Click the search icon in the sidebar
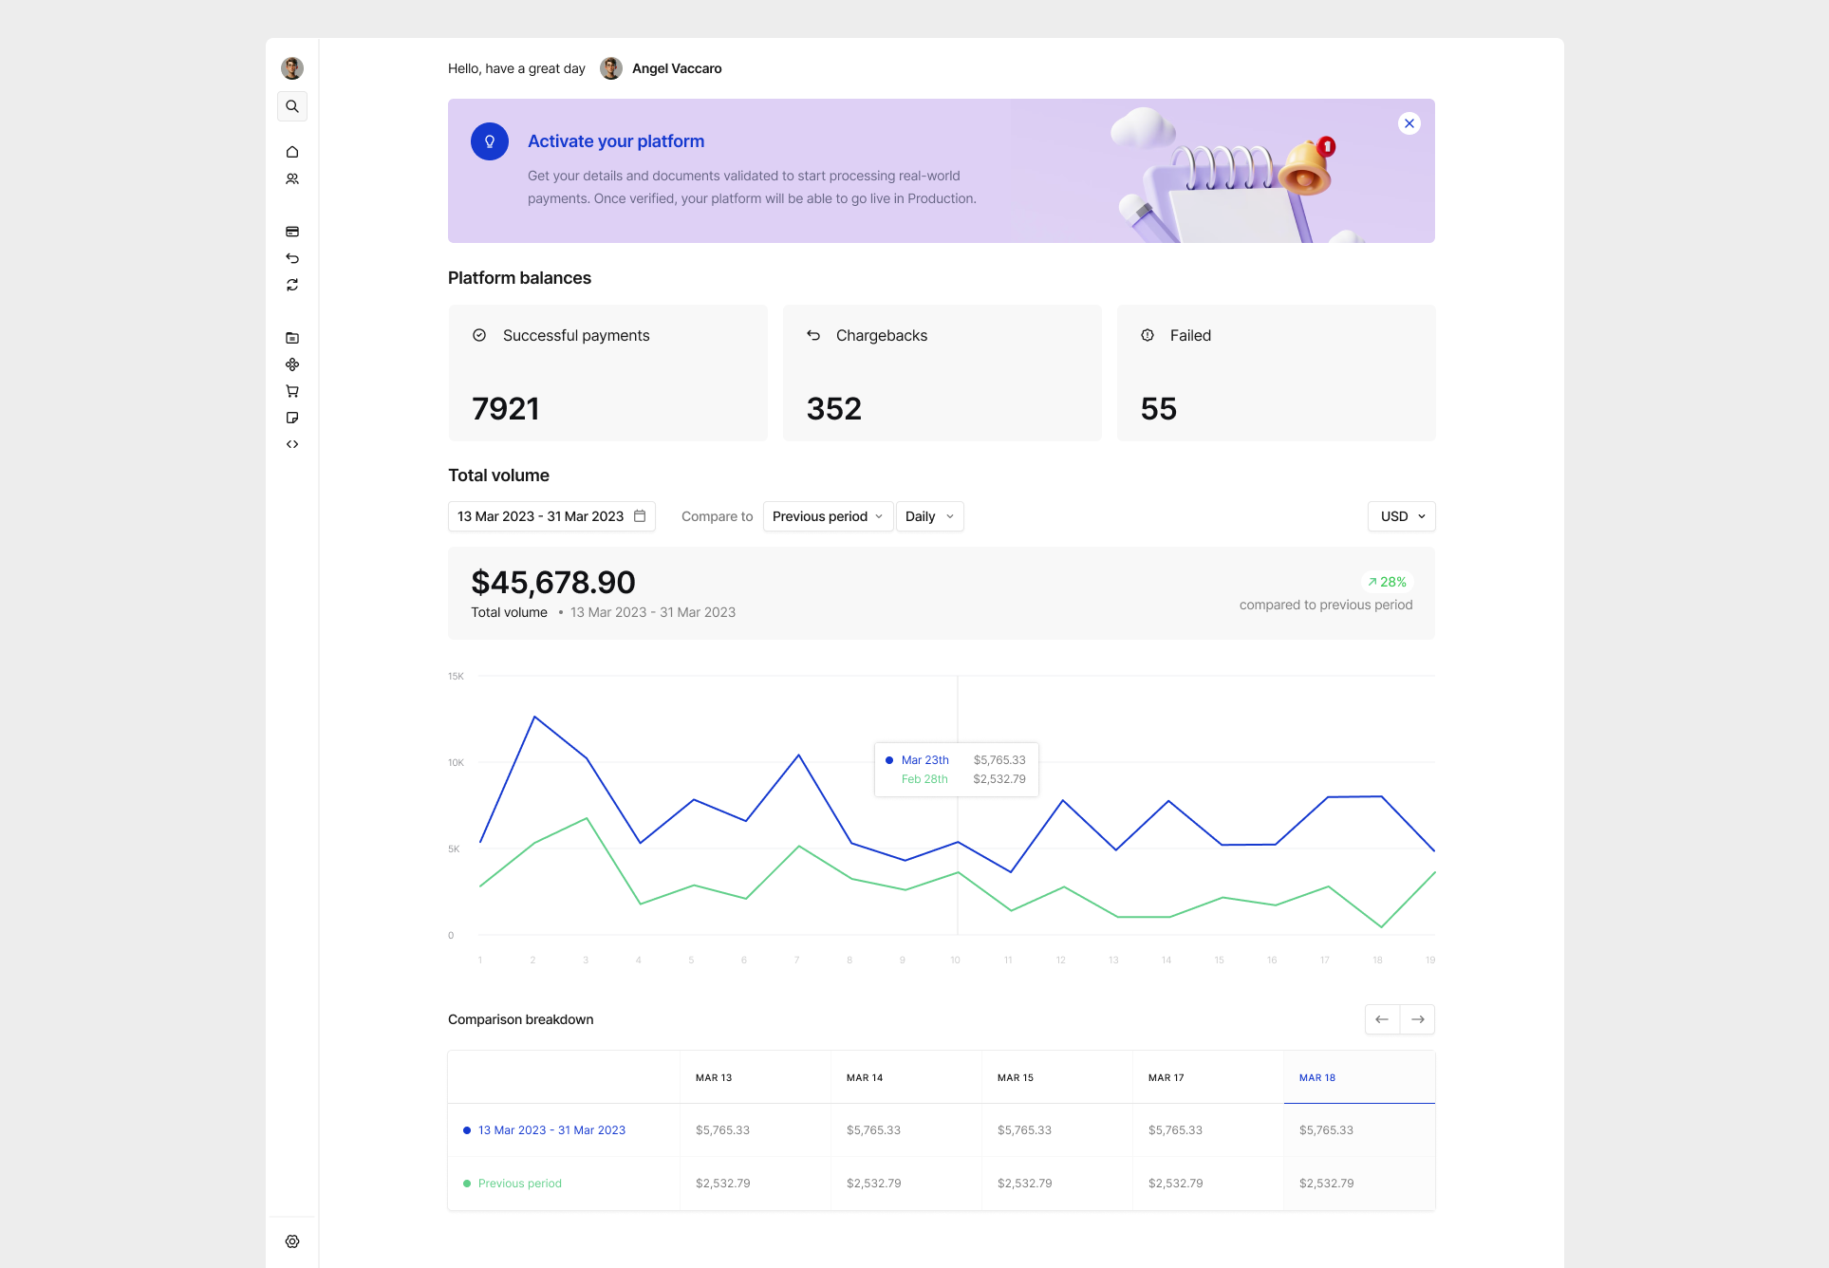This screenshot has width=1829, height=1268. point(292,106)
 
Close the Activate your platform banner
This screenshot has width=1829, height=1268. point(1409,123)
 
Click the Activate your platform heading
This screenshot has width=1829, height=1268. point(616,141)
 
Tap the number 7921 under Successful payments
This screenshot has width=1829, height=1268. point(506,409)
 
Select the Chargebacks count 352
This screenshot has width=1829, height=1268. point(834,409)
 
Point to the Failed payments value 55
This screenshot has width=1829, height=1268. point(1159,409)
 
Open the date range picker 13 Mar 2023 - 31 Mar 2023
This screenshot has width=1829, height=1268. point(551,516)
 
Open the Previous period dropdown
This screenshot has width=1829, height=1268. point(828,516)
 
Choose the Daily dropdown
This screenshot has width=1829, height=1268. point(929,516)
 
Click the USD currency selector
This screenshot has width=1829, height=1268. point(1401,516)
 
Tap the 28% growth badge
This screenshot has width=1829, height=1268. point(1388,582)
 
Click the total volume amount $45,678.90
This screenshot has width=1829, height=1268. point(553,583)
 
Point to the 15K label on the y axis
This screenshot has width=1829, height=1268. point(456,677)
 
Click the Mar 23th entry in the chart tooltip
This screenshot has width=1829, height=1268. point(924,760)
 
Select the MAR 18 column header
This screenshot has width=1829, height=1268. point(1317,1078)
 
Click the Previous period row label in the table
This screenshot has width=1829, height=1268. point(519,1184)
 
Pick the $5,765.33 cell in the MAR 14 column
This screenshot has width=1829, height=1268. point(873,1130)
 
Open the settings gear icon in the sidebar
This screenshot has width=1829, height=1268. point(292,1241)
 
